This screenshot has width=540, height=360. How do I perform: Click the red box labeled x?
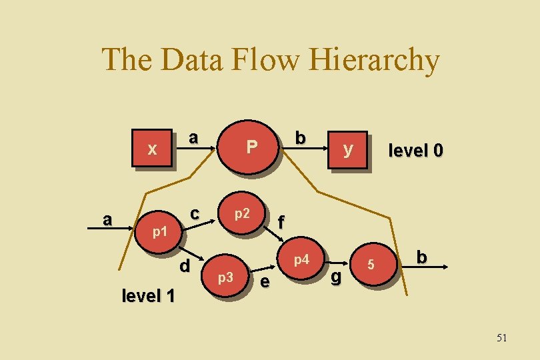pos(153,148)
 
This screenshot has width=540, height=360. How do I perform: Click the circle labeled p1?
pos(159,231)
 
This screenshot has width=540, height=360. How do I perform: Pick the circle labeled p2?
pos(242,213)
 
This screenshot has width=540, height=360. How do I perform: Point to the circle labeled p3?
pos(226,275)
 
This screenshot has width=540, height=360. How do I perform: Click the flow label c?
pos(194,214)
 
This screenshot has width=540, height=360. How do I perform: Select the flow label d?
pos(185,265)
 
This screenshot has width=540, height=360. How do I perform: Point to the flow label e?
pos(265,282)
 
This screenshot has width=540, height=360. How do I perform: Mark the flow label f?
pos(281,222)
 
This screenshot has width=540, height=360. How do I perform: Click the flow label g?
pos(336,276)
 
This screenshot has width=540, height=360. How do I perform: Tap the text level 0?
pos(415,151)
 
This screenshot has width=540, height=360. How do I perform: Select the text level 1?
pos(148,295)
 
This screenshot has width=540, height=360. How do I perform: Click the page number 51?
pos(501,338)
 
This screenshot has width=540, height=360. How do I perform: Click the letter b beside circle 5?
pos(421,257)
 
